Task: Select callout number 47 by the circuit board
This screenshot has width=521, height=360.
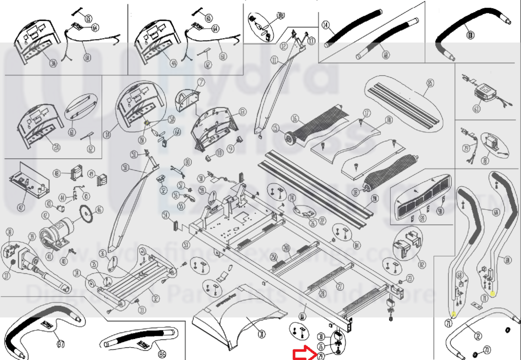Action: (21, 207)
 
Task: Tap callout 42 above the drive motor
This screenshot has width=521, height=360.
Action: (45, 216)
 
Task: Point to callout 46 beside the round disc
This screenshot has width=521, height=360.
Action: (99, 210)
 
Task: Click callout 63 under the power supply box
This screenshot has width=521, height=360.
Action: (476, 109)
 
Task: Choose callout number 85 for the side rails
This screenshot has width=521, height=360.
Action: (430, 83)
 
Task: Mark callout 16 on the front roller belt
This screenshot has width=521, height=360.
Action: (295, 119)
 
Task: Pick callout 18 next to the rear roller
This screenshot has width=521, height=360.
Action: (356, 192)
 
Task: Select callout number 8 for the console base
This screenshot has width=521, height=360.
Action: (242, 112)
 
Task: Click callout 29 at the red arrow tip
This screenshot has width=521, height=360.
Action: (320, 356)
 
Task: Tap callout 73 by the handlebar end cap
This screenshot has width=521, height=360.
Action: (487, 350)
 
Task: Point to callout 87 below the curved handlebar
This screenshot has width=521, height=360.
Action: (61, 344)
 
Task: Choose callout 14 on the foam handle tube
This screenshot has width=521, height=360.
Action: (325, 25)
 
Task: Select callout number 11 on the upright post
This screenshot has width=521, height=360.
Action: (274, 60)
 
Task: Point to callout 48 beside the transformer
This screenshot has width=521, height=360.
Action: (57, 173)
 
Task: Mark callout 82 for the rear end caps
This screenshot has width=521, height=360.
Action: (422, 264)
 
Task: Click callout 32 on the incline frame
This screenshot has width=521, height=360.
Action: (156, 298)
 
